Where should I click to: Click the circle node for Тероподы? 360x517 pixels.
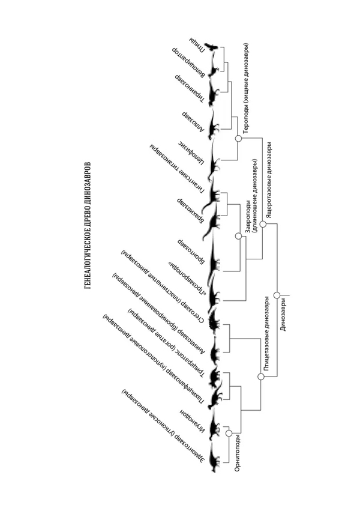(x=238, y=139)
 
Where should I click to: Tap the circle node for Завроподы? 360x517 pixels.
(x=238, y=237)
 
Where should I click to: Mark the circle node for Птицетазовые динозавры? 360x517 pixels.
(x=260, y=376)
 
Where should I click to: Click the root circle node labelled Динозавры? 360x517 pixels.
(x=277, y=295)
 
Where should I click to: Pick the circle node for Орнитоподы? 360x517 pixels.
(x=229, y=433)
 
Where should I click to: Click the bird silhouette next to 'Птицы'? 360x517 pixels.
(x=211, y=46)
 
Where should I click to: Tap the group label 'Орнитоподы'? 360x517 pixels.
(x=239, y=456)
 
